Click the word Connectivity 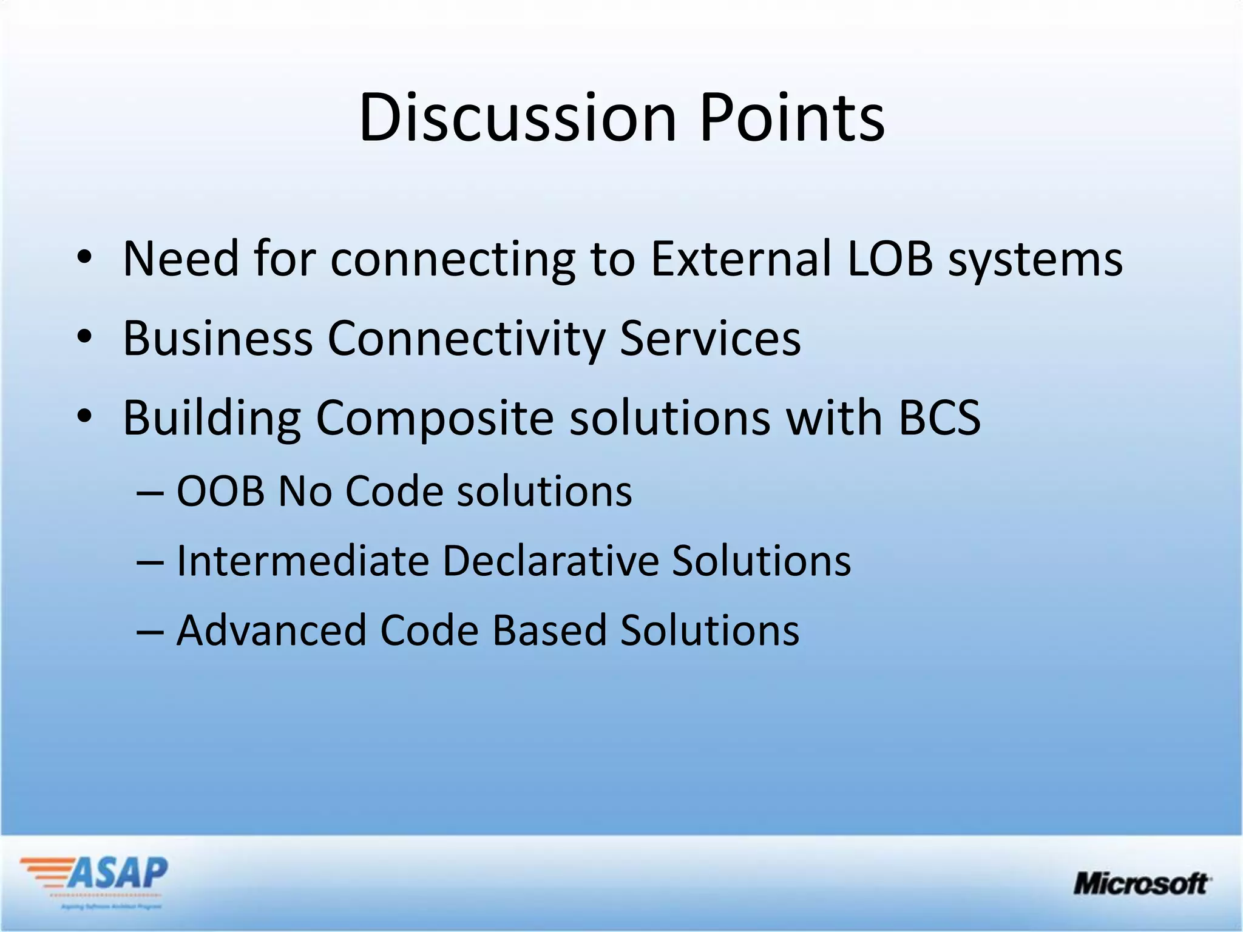466,339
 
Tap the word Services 710,339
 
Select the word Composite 435,419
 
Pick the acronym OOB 220,491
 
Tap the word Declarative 550,561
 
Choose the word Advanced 271,630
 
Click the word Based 549,630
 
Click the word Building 212,419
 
